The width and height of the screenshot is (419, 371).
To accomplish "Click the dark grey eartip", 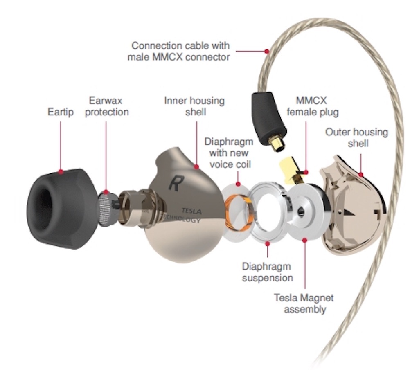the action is point(61,213).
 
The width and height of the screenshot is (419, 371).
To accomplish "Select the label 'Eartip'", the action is point(61,112).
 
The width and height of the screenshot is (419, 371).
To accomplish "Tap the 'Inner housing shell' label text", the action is point(194,106).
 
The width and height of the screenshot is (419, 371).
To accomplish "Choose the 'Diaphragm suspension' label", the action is point(267,272).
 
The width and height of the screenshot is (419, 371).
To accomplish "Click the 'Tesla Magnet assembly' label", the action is point(304,303).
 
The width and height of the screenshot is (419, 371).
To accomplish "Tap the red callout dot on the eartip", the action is point(61,172).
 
